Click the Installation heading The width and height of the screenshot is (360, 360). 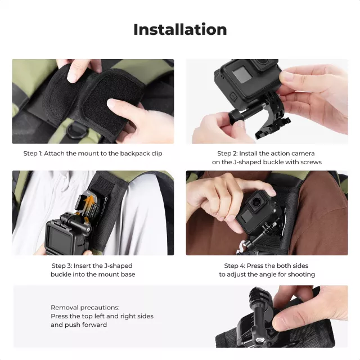pos(180,30)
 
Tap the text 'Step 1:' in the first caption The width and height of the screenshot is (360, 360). pos(33,154)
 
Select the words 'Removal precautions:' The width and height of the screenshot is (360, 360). pos(85,308)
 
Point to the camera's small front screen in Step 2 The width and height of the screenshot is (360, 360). pos(242,74)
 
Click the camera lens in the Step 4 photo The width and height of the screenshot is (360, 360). pos(255,202)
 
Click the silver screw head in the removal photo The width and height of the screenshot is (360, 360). pos(260,340)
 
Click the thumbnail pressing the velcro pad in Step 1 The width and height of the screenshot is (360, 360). pos(111,103)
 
